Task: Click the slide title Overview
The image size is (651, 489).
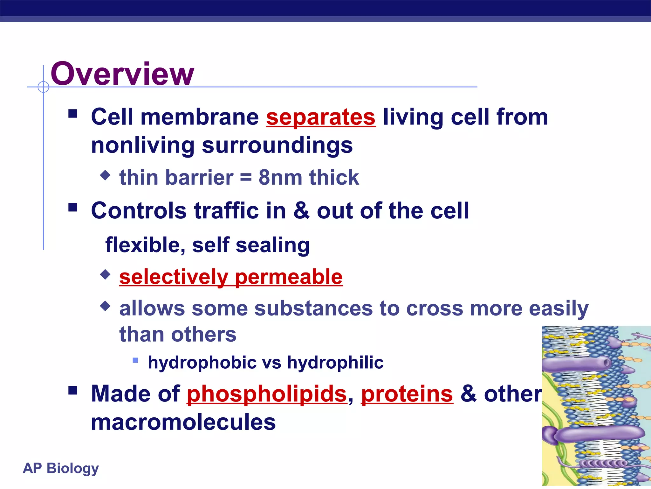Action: click(x=122, y=74)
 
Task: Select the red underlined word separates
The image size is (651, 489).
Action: click(x=321, y=117)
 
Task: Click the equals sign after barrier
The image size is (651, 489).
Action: click(x=246, y=178)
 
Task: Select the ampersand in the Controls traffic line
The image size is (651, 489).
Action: click(x=301, y=210)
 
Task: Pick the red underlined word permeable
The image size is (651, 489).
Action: click(x=289, y=277)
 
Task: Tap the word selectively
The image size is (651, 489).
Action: click(x=174, y=277)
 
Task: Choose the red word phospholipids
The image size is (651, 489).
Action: click(x=267, y=394)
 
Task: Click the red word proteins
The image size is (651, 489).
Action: click(x=407, y=394)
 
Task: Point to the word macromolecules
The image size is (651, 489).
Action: click(x=183, y=422)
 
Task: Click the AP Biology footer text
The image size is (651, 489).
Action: click(x=61, y=468)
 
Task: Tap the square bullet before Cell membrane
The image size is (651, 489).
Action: click(x=73, y=114)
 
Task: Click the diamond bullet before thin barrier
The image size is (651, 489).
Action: click(x=105, y=175)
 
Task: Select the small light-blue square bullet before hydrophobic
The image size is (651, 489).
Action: click(x=135, y=360)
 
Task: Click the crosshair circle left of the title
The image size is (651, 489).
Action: click(x=43, y=87)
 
